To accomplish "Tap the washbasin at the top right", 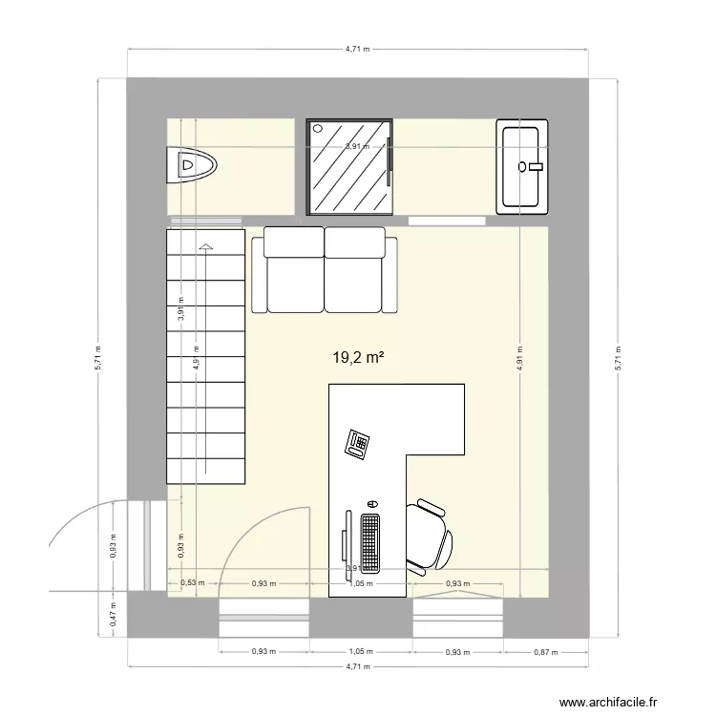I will click(522, 166).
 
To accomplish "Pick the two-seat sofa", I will click(325, 270).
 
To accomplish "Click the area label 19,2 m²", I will click(358, 358).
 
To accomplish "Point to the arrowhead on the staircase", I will click(205, 247).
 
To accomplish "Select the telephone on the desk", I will click(359, 444).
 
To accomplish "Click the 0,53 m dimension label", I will click(188, 583).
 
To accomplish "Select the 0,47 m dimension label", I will click(114, 618).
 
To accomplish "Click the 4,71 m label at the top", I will click(358, 47).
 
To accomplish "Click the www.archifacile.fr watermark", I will click(608, 702).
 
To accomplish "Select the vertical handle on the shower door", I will click(390, 162).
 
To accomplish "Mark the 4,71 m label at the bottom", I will click(358, 667).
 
